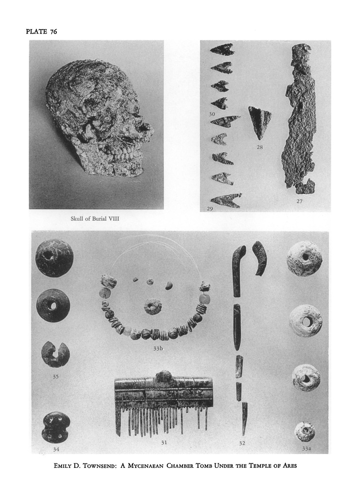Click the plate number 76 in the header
pos(53,32)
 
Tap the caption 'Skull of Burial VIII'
pos(95,218)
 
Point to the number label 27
pos(299,201)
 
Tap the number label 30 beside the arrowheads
pos(212,114)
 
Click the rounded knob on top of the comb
pos(164,375)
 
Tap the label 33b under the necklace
pos(158,348)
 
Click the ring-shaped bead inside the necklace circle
pos(153,306)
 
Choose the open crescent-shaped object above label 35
pos(55,354)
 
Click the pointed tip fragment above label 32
pos(245,418)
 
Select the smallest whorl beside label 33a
pos(304,431)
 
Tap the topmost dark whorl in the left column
pos(52,259)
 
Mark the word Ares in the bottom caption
pos(289,465)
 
